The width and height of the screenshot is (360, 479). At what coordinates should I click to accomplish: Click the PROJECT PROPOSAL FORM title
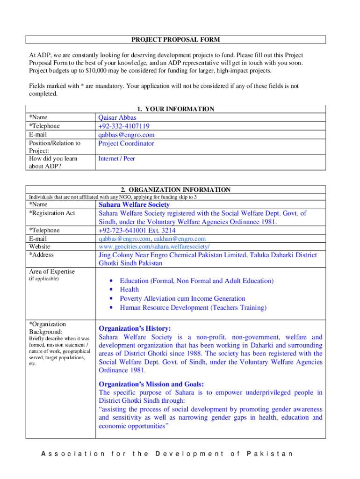pos(175,40)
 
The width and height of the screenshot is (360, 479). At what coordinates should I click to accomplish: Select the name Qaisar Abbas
pos(117,118)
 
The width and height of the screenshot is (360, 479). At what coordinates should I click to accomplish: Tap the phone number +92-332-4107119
pos(124,126)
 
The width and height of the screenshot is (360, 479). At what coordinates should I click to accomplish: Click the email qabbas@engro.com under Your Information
pos(126,135)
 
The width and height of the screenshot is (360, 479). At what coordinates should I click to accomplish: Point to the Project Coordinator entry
pos(126,144)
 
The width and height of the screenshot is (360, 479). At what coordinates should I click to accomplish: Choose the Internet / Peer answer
pos(116,159)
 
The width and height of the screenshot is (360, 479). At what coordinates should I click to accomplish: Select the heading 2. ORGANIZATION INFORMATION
pos(175,190)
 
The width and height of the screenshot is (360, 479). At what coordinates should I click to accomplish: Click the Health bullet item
pos(129,290)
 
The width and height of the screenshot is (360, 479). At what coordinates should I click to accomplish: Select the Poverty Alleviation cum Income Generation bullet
pos(182,298)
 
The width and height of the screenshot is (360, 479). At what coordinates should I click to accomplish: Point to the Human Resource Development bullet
pos(193,307)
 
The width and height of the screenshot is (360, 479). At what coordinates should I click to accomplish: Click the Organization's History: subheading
pos(135,328)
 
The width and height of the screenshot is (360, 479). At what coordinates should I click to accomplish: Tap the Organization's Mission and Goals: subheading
pos(151,384)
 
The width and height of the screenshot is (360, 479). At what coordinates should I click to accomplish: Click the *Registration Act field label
pos(52,213)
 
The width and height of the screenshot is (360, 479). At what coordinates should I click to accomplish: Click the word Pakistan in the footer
pos(269,454)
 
